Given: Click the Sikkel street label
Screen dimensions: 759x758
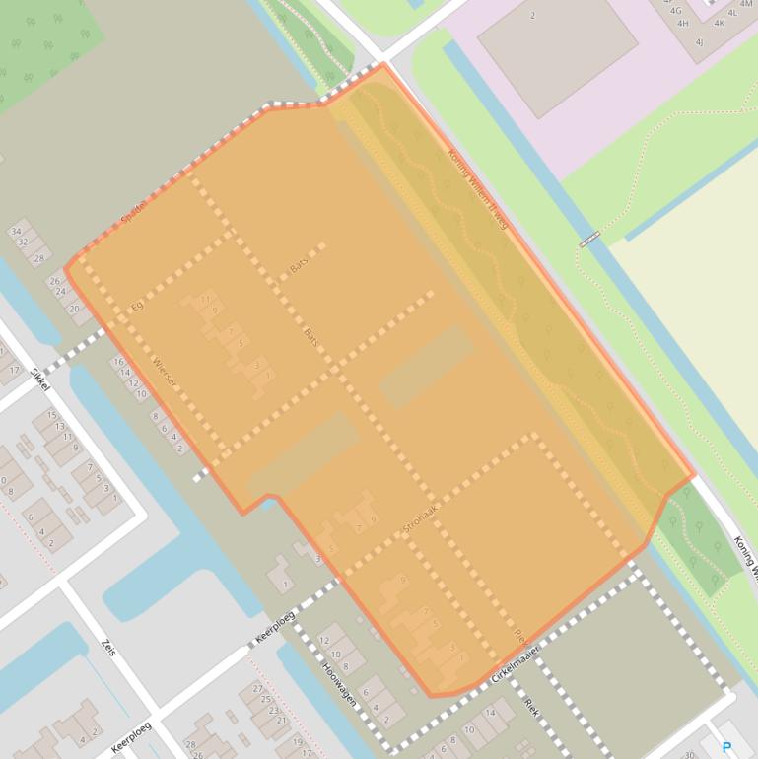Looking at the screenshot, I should click(x=40, y=378).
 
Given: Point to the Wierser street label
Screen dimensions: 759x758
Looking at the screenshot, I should click(x=163, y=374).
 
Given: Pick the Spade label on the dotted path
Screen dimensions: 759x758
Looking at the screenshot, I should click(x=132, y=212).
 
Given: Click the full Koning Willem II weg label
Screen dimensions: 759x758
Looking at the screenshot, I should click(x=477, y=189).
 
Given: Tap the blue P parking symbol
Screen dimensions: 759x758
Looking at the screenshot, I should click(x=727, y=748).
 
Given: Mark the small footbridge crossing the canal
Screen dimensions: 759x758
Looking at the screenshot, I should click(x=589, y=239).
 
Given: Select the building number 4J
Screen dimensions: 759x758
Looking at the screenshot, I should click(x=699, y=42).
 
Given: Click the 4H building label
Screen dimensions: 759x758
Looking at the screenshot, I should click(x=682, y=24).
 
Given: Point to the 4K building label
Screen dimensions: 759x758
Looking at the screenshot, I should click(x=719, y=23).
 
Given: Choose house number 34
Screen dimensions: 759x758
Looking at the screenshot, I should click(x=16, y=232).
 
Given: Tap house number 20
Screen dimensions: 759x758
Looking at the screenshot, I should click(x=74, y=309).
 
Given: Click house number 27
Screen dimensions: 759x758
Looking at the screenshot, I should click(x=258, y=689).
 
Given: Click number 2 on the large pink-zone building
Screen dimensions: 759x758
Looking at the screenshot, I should click(x=533, y=15).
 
